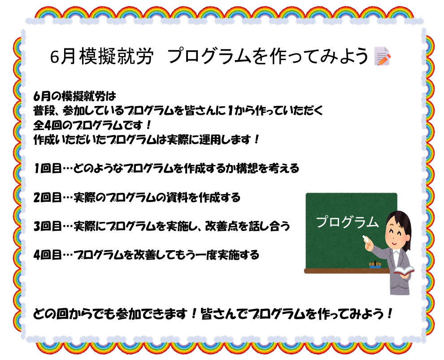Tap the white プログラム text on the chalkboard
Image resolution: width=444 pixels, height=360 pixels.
point(348,222)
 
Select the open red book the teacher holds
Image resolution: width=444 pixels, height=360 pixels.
point(404,271)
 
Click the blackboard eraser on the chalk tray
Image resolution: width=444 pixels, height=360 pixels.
point(375,265)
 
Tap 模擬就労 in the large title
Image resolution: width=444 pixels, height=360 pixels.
point(116,56)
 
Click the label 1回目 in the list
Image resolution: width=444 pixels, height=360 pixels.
point(47,169)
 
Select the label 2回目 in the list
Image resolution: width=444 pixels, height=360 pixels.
point(47,197)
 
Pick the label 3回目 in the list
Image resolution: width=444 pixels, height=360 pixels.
point(47,226)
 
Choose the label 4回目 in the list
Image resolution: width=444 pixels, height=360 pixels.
point(47,255)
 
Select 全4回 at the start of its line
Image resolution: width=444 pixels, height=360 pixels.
point(47,125)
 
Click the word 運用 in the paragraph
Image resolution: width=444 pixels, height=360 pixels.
point(209,139)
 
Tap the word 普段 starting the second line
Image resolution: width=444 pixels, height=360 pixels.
point(44,111)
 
